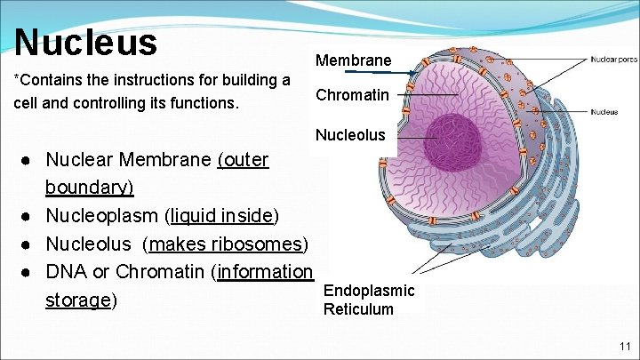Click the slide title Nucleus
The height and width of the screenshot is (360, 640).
(x=85, y=41)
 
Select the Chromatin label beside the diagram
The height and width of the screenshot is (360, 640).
(x=352, y=94)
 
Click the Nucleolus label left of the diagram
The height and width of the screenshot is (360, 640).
(x=351, y=135)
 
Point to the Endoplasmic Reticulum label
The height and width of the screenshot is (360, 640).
(x=369, y=300)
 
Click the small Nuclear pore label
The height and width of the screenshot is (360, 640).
(x=614, y=60)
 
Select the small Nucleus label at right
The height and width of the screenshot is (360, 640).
(x=604, y=112)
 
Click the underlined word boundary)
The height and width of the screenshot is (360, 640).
(x=89, y=188)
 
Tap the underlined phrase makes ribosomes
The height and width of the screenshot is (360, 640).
(x=227, y=244)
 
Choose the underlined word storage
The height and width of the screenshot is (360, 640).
(x=76, y=300)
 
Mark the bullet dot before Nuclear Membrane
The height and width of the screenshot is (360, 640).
(x=29, y=161)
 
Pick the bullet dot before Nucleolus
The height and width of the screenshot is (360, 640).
(x=29, y=244)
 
